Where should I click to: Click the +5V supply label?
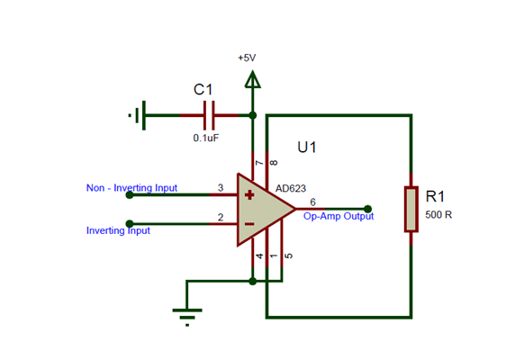(x=247, y=58)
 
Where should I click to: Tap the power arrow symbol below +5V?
(x=253, y=81)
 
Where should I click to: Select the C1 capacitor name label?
(x=203, y=90)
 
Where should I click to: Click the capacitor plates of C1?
(x=210, y=115)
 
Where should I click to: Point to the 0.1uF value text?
(x=205, y=139)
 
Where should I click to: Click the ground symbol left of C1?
(x=138, y=115)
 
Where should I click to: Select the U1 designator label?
(x=307, y=147)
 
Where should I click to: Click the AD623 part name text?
(x=291, y=189)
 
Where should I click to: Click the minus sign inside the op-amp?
(x=249, y=224)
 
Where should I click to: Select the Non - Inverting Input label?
(x=131, y=188)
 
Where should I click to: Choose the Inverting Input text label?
(x=118, y=230)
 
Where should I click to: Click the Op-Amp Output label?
(x=338, y=216)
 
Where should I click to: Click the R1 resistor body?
(x=411, y=209)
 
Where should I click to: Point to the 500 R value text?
(x=438, y=216)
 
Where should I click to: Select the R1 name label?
(x=436, y=196)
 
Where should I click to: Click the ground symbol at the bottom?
(x=187, y=314)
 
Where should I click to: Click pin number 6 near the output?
(x=312, y=202)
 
